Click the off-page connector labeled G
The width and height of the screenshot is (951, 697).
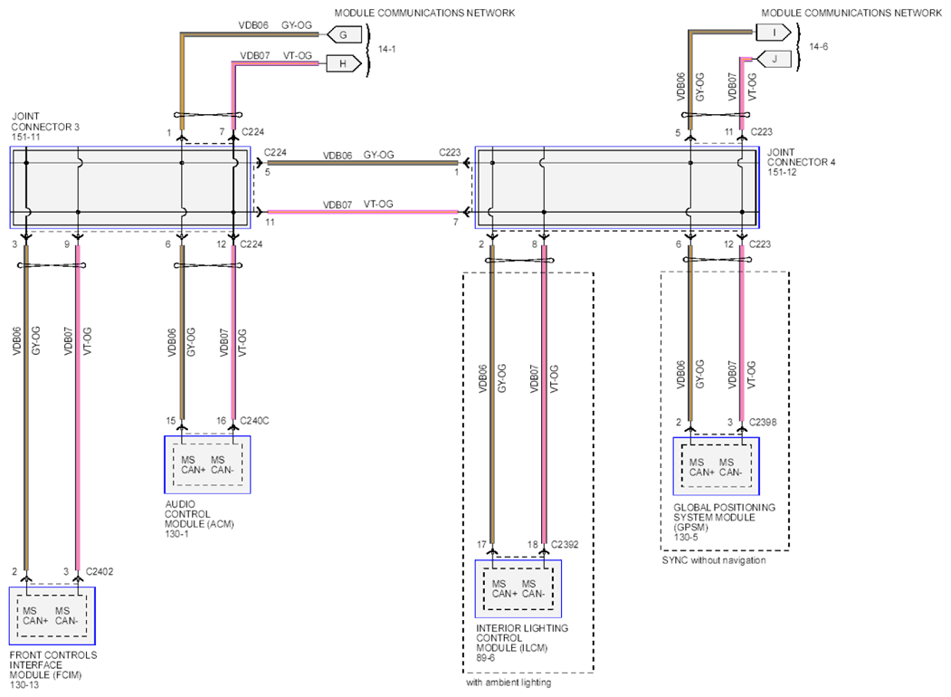[x=344, y=34]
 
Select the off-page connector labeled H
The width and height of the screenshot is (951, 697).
[x=344, y=63]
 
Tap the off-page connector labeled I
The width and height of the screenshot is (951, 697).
[x=774, y=33]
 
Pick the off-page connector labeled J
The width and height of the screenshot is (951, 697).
[x=774, y=59]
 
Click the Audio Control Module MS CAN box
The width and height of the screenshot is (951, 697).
[x=207, y=464]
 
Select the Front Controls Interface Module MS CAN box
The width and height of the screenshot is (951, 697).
[x=52, y=616]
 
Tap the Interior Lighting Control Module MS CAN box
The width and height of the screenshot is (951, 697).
[x=518, y=588]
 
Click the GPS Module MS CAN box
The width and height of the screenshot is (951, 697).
[x=717, y=466]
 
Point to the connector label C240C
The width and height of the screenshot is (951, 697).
[x=255, y=420]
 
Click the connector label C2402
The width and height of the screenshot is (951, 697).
[x=100, y=571]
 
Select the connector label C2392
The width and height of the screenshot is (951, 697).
[x=565, y=544]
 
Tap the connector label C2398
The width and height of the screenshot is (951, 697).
[x=763, y=422]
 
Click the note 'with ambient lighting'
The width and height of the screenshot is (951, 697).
[x=509, y=683]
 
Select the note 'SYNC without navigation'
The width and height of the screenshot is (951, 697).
[x=714, y=560]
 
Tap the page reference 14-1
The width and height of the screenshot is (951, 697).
[x=387, y=49]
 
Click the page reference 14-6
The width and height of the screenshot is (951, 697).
[x=818, y=46]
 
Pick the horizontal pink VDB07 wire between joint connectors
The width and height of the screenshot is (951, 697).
[x=363, y=212]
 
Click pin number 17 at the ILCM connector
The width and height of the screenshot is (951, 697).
[x=481, y=545]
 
